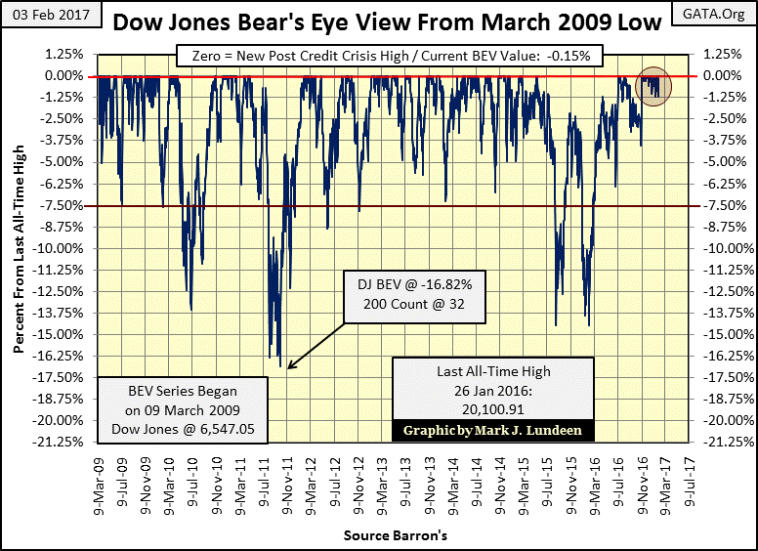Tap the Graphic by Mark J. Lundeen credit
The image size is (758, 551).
493,430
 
